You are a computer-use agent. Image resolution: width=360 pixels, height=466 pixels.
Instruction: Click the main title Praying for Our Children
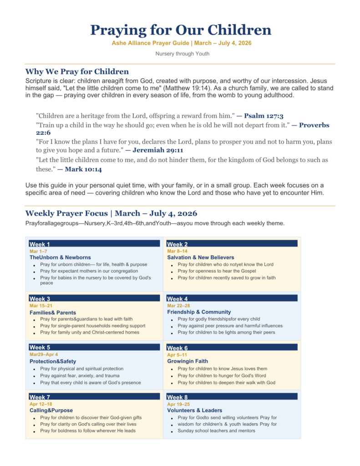(x=180, y=30)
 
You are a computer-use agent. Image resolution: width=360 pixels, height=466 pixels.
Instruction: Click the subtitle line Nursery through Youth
(x=180, y=54)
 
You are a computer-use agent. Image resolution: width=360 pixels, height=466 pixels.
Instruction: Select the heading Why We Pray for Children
(x=77, y=71)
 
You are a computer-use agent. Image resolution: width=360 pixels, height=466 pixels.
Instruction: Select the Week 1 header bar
(x=94, y=244)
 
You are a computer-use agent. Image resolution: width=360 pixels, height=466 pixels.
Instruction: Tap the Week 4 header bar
(x=232, y=299)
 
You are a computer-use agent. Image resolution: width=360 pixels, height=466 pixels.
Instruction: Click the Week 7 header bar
(x=94, y=397)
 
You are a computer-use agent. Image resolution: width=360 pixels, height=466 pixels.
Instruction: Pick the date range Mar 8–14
(x=177, y=251)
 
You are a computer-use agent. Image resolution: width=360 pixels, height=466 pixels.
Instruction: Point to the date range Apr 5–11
(x=177, y=355)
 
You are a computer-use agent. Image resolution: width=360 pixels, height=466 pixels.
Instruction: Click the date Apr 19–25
(x=178, y=404)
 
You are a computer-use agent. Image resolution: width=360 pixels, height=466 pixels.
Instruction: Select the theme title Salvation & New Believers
(x=200, y=258)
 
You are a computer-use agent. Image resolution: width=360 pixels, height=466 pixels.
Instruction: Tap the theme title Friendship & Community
(x=199, y=312)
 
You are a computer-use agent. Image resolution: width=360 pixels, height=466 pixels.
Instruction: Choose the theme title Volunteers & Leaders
(x=195, y=410)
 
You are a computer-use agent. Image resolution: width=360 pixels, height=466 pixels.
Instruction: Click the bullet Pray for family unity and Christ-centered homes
(x=89, y=332)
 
